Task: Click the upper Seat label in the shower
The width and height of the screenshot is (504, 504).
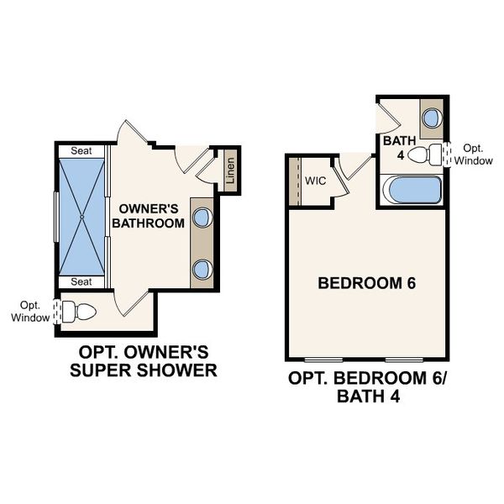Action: pyautogui.click(x=81, y=151)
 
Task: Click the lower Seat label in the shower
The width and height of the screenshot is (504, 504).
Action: pyautogui.click(x=81, y=281)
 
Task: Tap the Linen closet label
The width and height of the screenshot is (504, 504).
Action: pyautogui.click(x=229, y=171)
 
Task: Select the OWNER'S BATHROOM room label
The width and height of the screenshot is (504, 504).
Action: pyautogui.click(x=150, y=215)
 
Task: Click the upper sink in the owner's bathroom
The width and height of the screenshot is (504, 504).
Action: pyautogui.click(x=202, y=218)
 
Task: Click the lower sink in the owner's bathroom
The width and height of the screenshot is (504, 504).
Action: pyautogui.click(x=202, y=269)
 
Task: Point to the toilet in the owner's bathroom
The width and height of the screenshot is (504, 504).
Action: pyautogui.click(x=81, y=312)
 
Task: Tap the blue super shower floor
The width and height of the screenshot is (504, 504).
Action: pyautogui.click(x=81, y=216)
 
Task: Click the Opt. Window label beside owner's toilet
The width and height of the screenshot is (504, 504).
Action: pyautogui.click(x=26, y=311)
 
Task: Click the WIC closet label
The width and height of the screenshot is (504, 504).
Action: pyautogui.click(x=316, y=181)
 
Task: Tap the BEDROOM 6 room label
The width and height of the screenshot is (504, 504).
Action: pyautogui.click(x=367, y=283)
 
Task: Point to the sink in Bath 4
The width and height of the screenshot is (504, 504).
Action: pyautogui.click(x=432, y=117)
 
